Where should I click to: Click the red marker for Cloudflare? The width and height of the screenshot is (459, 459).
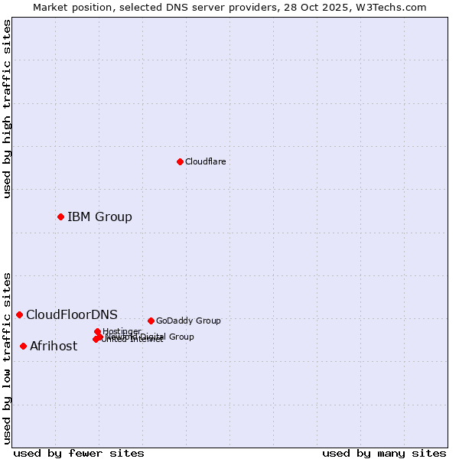[x=180, y=161]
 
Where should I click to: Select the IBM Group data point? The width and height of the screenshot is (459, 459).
[x=60, y=216]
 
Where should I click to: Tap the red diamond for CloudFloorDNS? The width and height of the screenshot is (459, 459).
[x=19, y=314]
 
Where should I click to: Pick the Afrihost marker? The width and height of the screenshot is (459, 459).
[x=23, y=346]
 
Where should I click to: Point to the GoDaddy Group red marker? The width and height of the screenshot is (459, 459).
[x=151, y=321]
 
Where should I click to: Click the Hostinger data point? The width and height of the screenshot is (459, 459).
[x=97, y=331]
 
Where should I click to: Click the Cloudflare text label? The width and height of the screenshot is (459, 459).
[x=205, y=161]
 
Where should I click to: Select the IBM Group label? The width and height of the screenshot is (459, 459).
[x=99, y=216]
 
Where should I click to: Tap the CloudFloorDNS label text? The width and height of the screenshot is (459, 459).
[x=72, y=314]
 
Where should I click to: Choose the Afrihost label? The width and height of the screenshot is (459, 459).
[x=54, y=346]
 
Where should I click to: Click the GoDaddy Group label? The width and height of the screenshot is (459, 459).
[x=188, y=321]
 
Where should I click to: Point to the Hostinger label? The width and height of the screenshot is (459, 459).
[x=122, y=331]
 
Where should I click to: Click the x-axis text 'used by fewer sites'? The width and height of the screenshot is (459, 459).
[x=79, y=453]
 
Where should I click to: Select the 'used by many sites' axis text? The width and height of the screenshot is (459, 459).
[x=384, y=453]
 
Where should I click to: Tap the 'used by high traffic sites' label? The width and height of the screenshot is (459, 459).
[x=7, y=109]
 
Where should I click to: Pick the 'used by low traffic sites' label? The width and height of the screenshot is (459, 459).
[x=7, y=357]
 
